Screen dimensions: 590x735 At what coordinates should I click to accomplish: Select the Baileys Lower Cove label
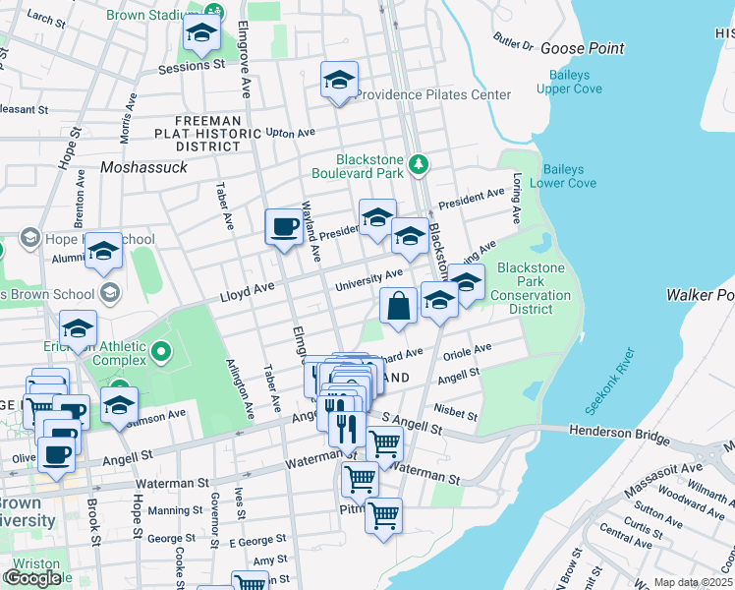coord(563,176)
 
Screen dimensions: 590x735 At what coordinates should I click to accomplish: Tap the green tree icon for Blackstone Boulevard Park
coord(420,163)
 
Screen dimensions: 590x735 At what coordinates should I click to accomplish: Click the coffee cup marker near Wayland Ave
coord(284,226)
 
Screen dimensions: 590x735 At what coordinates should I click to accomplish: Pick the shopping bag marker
coord(398,305)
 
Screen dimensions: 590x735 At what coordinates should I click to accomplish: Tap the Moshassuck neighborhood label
coord(143,168)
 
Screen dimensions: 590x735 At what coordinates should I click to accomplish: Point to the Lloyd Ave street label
coord(246,293)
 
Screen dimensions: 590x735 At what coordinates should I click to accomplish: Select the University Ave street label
coord(368,280)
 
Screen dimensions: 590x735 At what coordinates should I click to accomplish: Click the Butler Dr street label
coord(513,45)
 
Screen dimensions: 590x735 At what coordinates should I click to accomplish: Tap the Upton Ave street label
coord(290,132)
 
